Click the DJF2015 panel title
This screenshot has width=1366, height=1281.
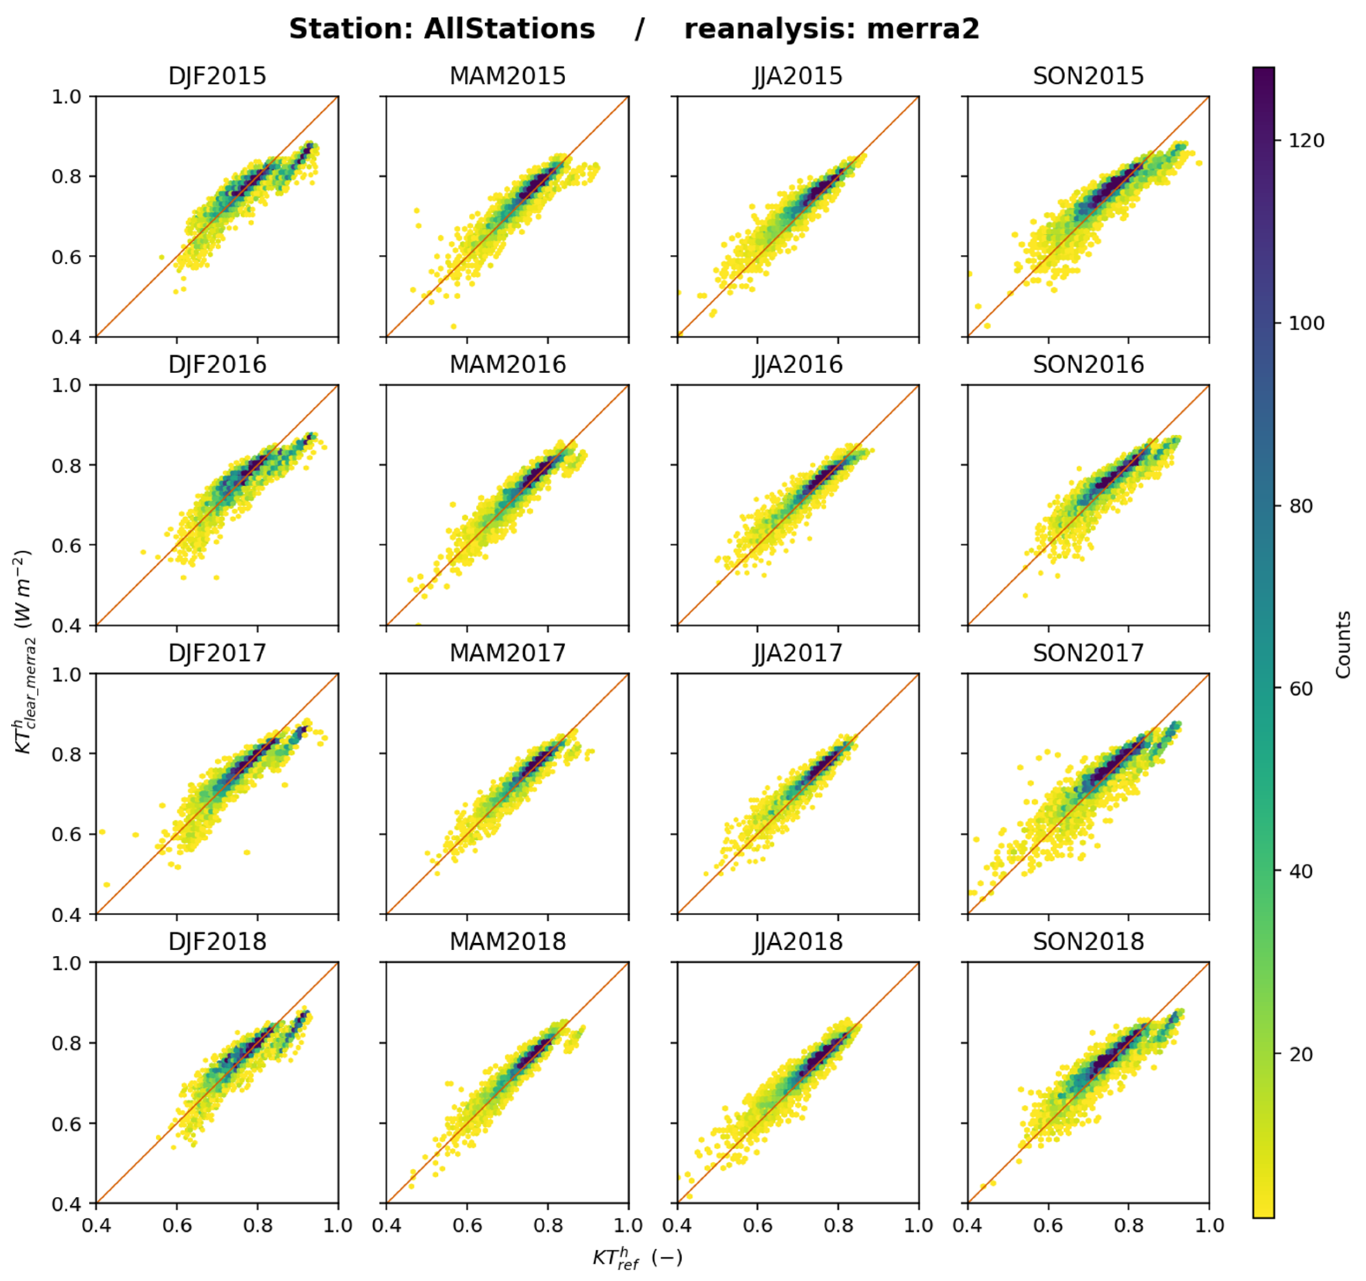(x=217, y=76)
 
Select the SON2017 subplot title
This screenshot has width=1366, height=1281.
(x=1089, y=653)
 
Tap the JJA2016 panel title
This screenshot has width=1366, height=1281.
(x=798, y=364)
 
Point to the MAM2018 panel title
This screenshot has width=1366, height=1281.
(x=508, y=941)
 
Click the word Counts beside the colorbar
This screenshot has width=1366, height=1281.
(x=1343, y=644)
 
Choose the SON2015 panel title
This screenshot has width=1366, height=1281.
(x=1089, y=76)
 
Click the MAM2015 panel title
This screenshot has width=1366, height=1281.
(x=508, y=76)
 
